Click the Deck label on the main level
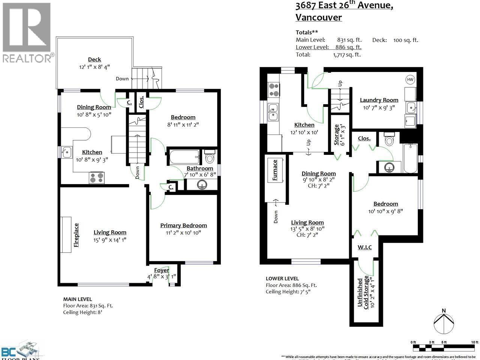click(94, 59)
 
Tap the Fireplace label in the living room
click(76, 235)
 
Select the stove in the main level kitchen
click(97, 178)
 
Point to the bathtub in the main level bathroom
click(184, 157)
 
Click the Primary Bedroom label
click(183, 225)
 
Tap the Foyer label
click(162, 270)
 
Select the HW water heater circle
click(410, 79)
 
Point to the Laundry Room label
click(379, 100)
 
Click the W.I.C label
click(364, 247)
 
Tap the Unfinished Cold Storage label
click(363, 292)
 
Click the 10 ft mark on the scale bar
click(475, 342)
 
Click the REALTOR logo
click(27, 32)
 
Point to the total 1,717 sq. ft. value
click(346, 54)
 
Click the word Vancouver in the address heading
click(318, 17)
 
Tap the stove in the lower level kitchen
click(273, 90)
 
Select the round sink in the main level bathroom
click(202, 184)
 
